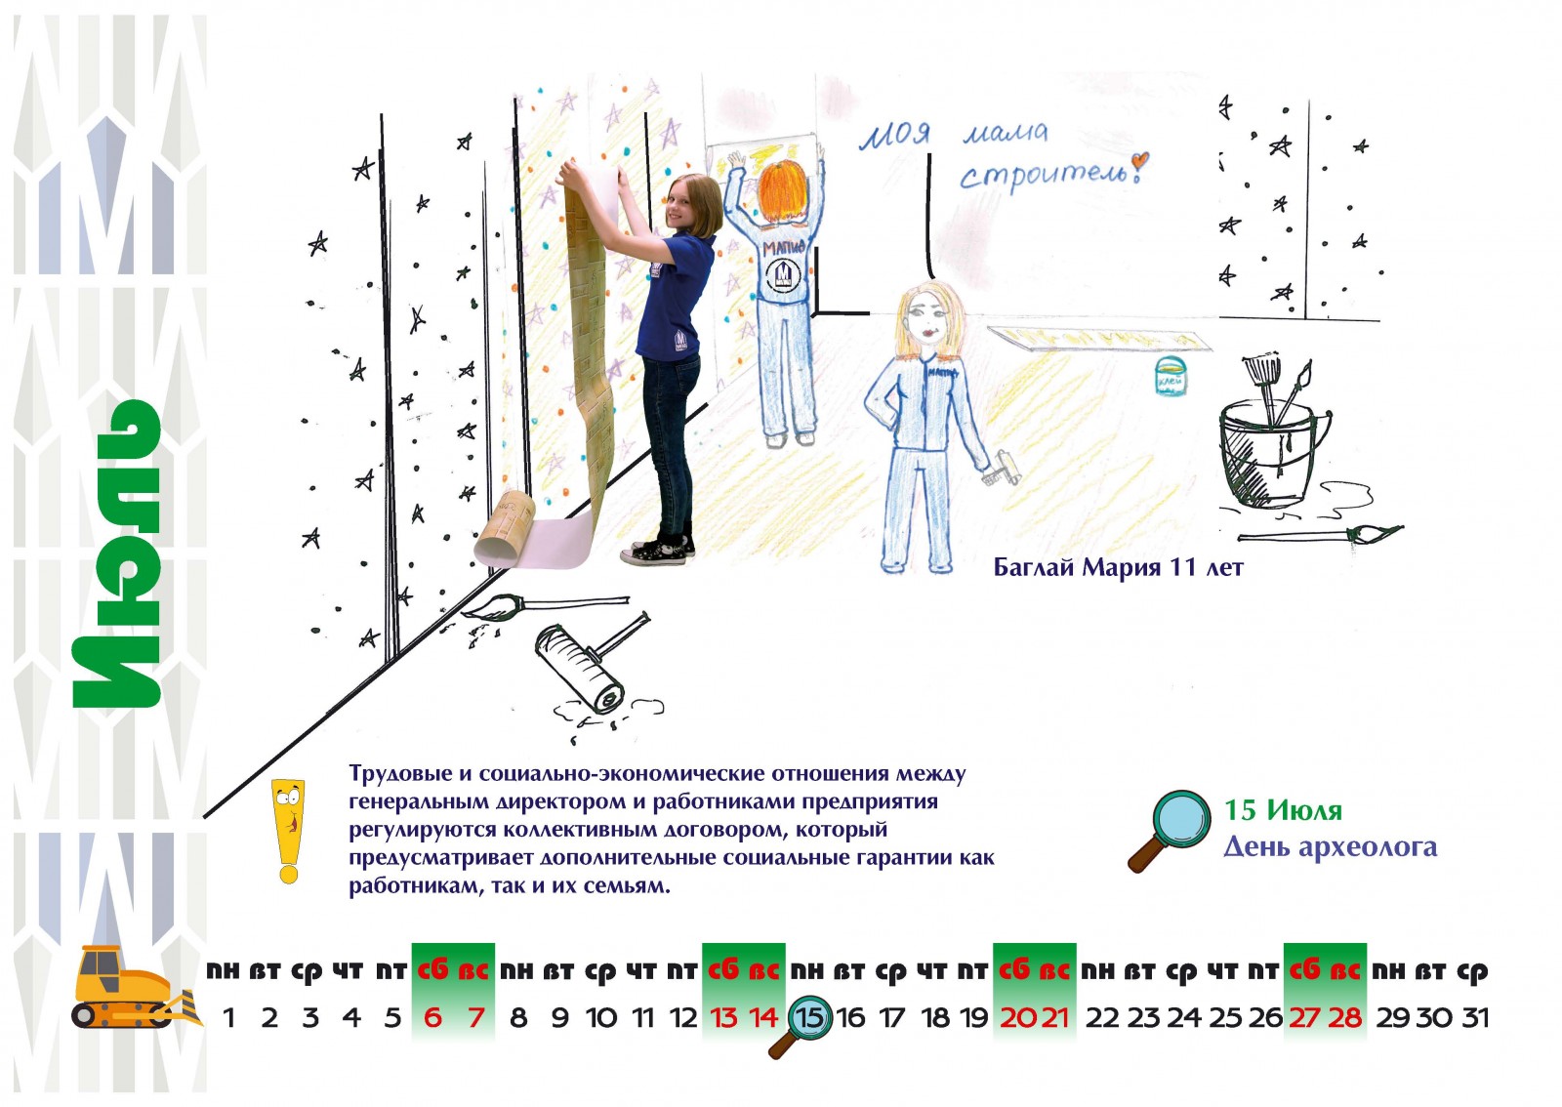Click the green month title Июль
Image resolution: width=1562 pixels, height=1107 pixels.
click(117, 554)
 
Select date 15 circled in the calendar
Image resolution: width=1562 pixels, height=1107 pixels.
click(810, 1018)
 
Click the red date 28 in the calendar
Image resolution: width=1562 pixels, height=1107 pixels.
click(1344, 1018)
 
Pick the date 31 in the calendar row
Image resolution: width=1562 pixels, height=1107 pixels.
click(1475, 1018)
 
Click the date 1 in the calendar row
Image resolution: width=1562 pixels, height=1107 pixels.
click(228, 1018)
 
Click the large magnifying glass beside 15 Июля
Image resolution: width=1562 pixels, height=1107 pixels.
click(1170, 830)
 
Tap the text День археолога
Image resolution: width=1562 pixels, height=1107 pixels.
click(1330, 846)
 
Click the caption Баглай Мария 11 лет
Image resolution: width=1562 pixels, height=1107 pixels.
click(1118, 567)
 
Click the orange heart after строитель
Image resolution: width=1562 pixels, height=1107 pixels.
click(1138, 162)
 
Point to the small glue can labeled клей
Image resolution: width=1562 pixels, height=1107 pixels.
click(1171, 376)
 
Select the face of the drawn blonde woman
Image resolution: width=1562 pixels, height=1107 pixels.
click(928, 320)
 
